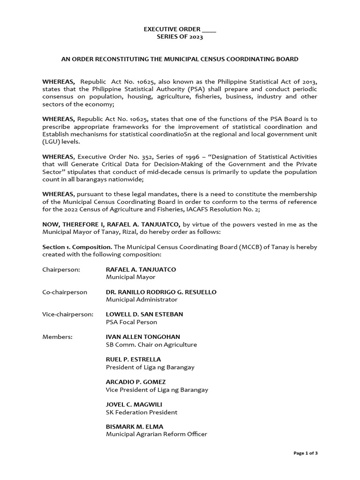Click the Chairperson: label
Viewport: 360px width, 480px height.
[x=61, y=270]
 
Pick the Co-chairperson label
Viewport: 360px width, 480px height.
[x=65, y=292]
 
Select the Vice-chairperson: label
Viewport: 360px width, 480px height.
[x=67, y=314]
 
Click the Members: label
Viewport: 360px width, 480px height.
[x=57, y=337]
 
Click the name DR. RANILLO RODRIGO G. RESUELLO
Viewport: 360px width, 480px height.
[x=161, y=292]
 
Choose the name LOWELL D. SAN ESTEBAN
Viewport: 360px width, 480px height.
[x=144, y=314]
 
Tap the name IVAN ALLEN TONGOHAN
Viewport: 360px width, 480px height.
[x=143, y=337]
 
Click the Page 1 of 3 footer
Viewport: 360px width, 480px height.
[x=306, y=453]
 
